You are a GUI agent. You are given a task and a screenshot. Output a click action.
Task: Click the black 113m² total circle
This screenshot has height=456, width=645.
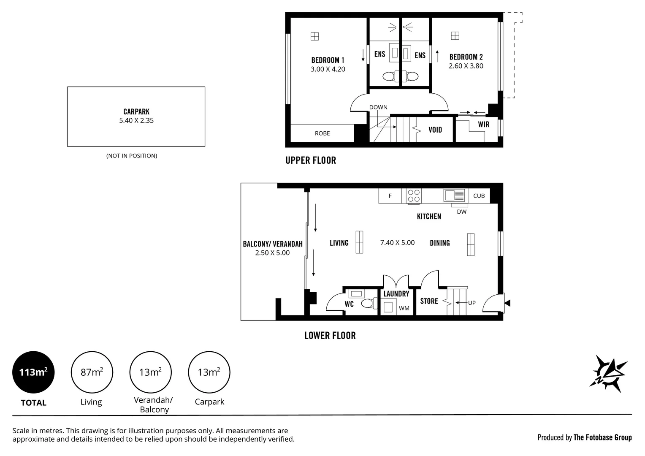click(33, 372)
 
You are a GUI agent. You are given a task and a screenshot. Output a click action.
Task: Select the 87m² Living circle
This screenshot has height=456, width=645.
click(92, 372)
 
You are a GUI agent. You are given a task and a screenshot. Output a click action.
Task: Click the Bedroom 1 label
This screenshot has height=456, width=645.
click(328, 60)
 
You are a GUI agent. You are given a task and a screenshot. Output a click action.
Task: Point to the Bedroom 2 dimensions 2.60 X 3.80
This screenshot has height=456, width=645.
click(466, 66)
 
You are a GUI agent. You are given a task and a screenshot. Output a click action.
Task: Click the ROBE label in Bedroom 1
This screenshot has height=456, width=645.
click(322, 133)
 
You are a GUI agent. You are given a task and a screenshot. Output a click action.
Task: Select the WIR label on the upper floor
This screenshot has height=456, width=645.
click(483, 124)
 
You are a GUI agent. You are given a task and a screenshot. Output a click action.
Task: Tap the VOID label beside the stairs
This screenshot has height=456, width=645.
click(435, 130)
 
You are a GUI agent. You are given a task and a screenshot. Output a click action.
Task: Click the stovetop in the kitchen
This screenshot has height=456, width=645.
click(414, 196)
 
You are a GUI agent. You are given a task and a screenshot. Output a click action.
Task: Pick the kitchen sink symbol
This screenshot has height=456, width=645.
click(454, 195)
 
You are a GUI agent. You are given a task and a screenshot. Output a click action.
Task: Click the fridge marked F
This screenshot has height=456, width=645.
click(390, 196)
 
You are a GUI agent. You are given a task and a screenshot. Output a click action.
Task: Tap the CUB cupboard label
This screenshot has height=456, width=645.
click(479, 196)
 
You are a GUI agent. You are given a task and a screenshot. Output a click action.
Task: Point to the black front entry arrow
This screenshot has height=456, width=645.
click(507, 303)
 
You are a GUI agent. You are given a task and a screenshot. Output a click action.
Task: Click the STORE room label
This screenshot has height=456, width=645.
click(429, 301)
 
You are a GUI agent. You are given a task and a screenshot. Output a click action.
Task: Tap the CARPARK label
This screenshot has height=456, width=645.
click(136, 112)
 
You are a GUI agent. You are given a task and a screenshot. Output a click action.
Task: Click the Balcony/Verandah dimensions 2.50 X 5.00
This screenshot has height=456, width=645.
click(272, 253)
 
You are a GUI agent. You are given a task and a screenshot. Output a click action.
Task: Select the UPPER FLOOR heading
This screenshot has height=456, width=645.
click(311, 160)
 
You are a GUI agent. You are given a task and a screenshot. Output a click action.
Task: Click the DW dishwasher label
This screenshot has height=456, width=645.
click(461, 212)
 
